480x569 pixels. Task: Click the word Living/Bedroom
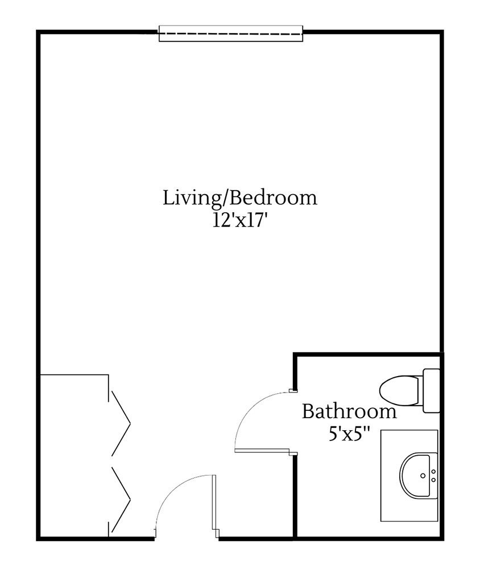(239, 199)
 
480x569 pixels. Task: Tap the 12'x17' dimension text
(239, 220)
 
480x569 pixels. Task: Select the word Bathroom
(349, 411)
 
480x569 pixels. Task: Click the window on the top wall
(230, 34)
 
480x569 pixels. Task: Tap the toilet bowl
(399, 390)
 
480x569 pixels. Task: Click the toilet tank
(431, 390)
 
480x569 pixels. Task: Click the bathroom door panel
(264, 451)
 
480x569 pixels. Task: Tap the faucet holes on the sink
(433, 475)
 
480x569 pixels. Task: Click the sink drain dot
(423, 475)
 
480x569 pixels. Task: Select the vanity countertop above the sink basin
(408, 440)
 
